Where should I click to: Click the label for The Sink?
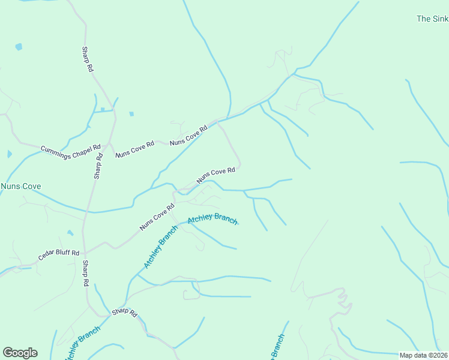432,19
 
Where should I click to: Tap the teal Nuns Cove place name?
20,187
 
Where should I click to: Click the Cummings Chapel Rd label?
70,151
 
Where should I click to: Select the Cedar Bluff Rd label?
59,254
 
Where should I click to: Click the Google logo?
20,353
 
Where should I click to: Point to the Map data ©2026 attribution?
424,355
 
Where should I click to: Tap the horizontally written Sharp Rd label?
125,313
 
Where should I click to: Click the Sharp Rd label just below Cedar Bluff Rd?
86,273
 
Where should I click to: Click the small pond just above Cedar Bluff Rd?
70,233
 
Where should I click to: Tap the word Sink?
441,19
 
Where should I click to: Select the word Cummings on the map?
55,149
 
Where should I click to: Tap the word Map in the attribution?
406,355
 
